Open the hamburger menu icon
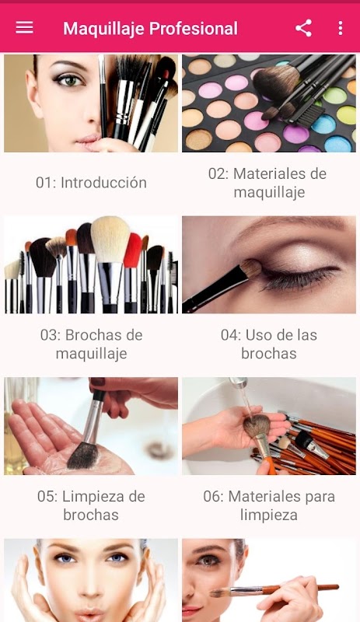point(24,28)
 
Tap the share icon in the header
point(303,28)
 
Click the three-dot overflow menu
point(340,28)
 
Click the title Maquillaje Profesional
point(150,29)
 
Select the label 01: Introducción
point(91,183)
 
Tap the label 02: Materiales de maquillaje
point(268,183)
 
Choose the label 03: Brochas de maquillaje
point(91,344)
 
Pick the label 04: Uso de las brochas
point(269,344)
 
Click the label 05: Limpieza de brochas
point(91,505)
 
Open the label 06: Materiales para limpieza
point(269,505)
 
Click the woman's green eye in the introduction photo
point(70,80)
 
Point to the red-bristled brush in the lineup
point(132,250)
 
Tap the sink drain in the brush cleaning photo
point(159,450)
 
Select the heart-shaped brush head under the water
point(257,426)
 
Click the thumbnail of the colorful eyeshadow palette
point(269,103)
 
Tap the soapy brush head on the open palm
point(83,456)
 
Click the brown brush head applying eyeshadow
point(251,269)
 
